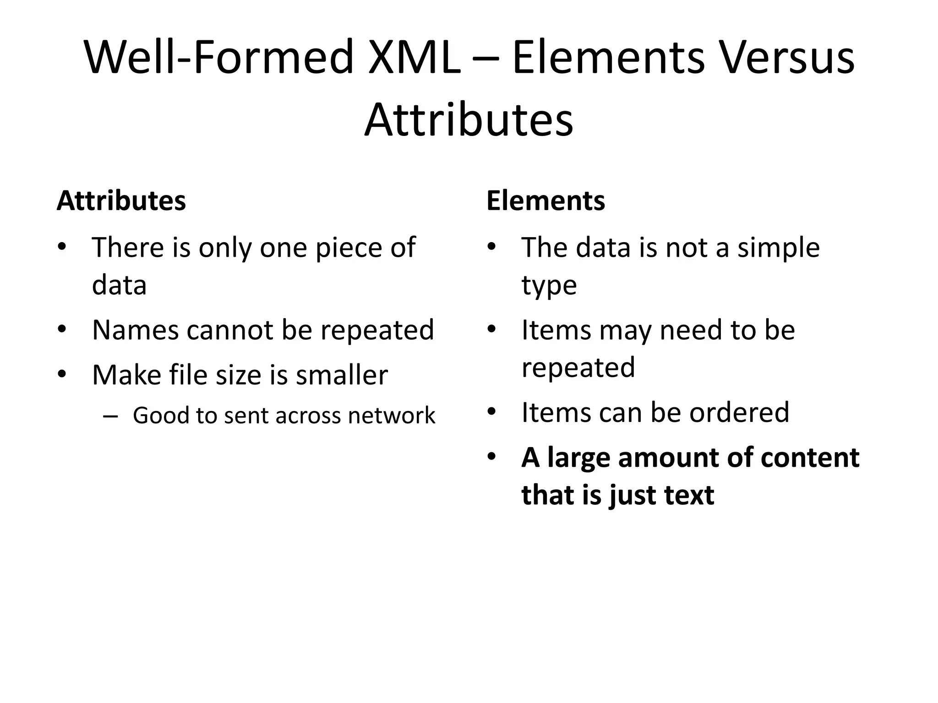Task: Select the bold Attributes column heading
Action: pyautogui.click(x=121, y=200)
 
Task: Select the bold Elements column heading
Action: pyautogui.click(x=545, y=200)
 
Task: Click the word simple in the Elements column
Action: pyautogui.click(x=778, y=248)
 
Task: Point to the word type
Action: pyautogui.click(x=549, y=286)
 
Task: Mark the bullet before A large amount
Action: pyautogui.click(x=492, y=457)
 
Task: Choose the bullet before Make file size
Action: pyautogui.click(x=62, y=375)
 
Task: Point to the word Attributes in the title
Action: pyautogui.click(x=469, y=120)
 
